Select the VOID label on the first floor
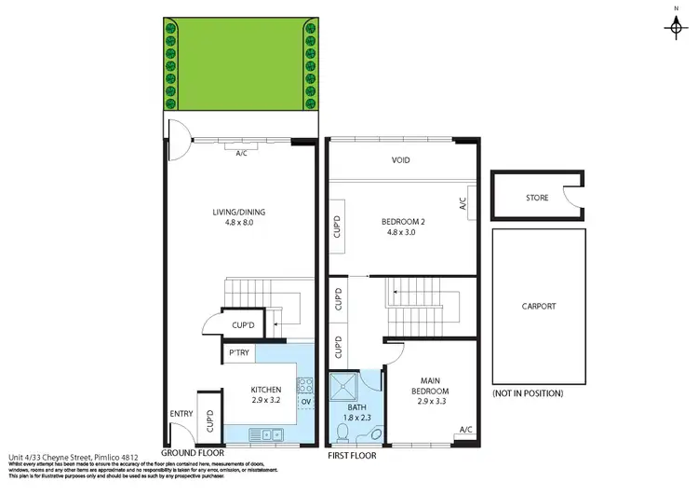400,159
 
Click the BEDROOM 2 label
403,222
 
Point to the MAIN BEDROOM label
429,385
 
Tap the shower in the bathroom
345,386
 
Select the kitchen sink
270,433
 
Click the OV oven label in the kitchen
305,402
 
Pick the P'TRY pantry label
239,353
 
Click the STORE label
536,198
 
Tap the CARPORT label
538,306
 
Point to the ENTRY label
180,414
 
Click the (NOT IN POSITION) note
528,393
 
